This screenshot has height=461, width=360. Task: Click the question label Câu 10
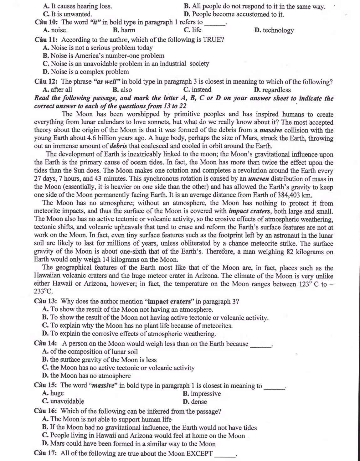tap(47, 22)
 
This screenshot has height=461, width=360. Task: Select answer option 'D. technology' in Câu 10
tap(274, 30)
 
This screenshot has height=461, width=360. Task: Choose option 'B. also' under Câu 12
tap(122, 90)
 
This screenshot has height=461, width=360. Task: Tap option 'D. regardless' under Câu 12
tap(272, 90)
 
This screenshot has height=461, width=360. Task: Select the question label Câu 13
tap(46, 302)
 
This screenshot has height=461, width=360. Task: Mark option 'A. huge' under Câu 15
tap(53, 393)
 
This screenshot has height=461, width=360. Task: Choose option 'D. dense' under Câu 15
tap(194, 402)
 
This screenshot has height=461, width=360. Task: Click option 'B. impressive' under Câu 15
tap(202, 394)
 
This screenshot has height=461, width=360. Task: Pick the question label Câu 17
tap(46, 453)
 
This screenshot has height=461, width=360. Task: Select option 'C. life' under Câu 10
tap(193, 30)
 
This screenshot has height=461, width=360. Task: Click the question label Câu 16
tap(46, 411)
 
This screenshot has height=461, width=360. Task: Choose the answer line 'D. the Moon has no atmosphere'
tap(86, 376)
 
